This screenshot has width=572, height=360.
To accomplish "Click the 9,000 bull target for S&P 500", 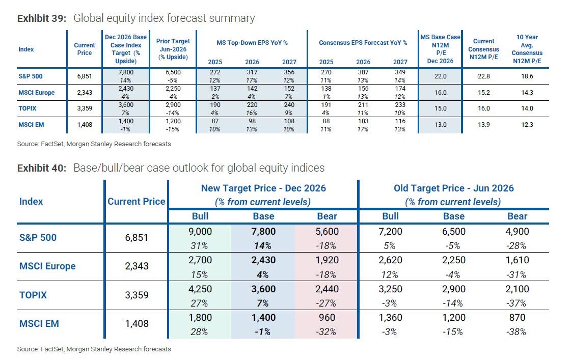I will (x=200, y=232).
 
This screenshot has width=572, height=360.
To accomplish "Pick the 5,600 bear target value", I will (x=327, y=232).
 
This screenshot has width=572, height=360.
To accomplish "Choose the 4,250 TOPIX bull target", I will (x=200, y=289).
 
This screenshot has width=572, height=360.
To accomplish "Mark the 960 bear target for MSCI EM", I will (x=327, y=318).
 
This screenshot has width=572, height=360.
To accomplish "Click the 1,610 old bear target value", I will (x=517, y=260).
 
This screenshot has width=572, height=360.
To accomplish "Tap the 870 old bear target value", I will (x=517, y=318).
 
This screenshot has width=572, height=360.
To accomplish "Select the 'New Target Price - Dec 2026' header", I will (x=263, y=188).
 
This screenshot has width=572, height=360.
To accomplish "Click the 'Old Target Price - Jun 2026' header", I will (x=454, y=188).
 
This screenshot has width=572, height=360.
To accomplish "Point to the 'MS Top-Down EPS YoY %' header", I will (x=252, y=43).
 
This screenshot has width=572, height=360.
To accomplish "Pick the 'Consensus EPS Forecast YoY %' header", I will (x=363, y=43).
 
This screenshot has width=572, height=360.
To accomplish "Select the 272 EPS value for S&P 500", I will (x=215, y=72).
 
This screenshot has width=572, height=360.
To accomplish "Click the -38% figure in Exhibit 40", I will (x=517, y=332).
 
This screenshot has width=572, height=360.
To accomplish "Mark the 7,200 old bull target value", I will (x=390, y=232).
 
